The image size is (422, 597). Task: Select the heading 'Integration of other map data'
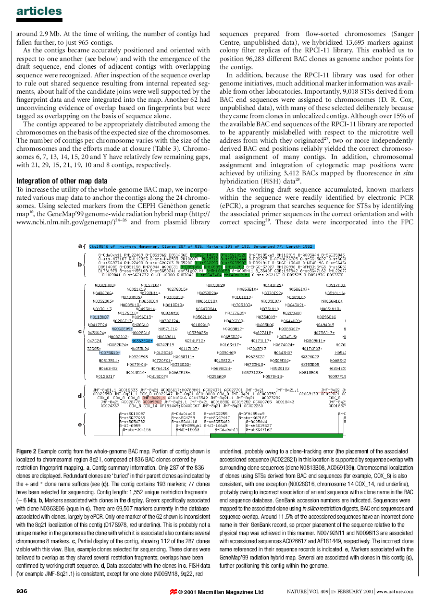(x=62, y=181)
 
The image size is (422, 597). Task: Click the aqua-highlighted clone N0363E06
(x=142, y=341)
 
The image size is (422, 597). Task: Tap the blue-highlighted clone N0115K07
(x=100, y=317)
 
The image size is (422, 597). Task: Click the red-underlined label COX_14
(x=150, y=406)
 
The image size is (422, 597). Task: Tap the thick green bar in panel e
(x=276, y=436)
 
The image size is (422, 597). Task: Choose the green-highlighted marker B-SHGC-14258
(x=204, y=255)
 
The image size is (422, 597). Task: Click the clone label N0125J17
(x=105, y=376)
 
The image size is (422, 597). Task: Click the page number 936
(x=25, y=591)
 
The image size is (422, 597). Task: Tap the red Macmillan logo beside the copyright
(x=173, y=591)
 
